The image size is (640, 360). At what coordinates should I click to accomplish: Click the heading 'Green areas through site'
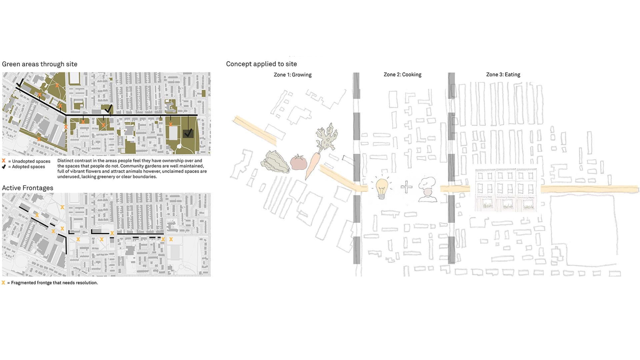pos(40,64)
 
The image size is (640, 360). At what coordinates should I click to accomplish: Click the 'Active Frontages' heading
pos(28,188)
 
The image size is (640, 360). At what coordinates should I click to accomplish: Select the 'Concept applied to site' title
pos(261,64)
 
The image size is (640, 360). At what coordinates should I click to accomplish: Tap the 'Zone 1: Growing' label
pos(293,75)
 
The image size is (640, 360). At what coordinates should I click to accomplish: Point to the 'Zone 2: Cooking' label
pos(402,75)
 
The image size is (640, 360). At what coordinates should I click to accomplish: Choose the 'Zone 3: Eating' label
pos(503,75)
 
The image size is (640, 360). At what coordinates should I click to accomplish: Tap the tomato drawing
pos(298,162)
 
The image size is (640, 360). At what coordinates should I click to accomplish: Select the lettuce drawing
pos(275,162)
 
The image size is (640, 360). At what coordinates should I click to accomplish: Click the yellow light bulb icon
pos(382,188)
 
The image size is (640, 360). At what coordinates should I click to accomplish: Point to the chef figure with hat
pos(428,189)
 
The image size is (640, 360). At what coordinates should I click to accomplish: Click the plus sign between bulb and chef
pos(406,187)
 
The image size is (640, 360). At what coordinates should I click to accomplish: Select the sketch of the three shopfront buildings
pos(506,190)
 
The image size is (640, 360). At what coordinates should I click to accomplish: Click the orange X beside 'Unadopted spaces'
pos(4,161)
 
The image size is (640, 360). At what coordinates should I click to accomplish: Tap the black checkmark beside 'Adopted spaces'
pos(4,167)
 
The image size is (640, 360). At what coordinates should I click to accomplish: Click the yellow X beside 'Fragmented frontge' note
pos(3,283)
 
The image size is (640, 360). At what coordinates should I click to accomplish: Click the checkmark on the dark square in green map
pos(188,133)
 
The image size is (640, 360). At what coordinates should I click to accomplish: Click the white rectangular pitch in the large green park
pos(173,133)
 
